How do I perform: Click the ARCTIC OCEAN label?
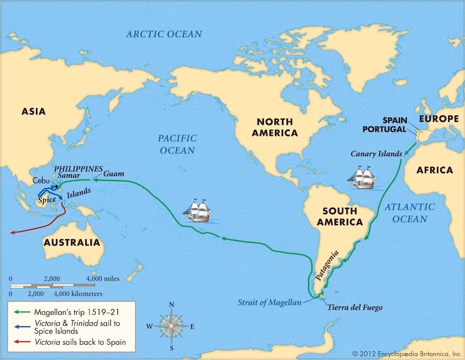pos(164,34)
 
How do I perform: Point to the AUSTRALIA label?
pos(71,242)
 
